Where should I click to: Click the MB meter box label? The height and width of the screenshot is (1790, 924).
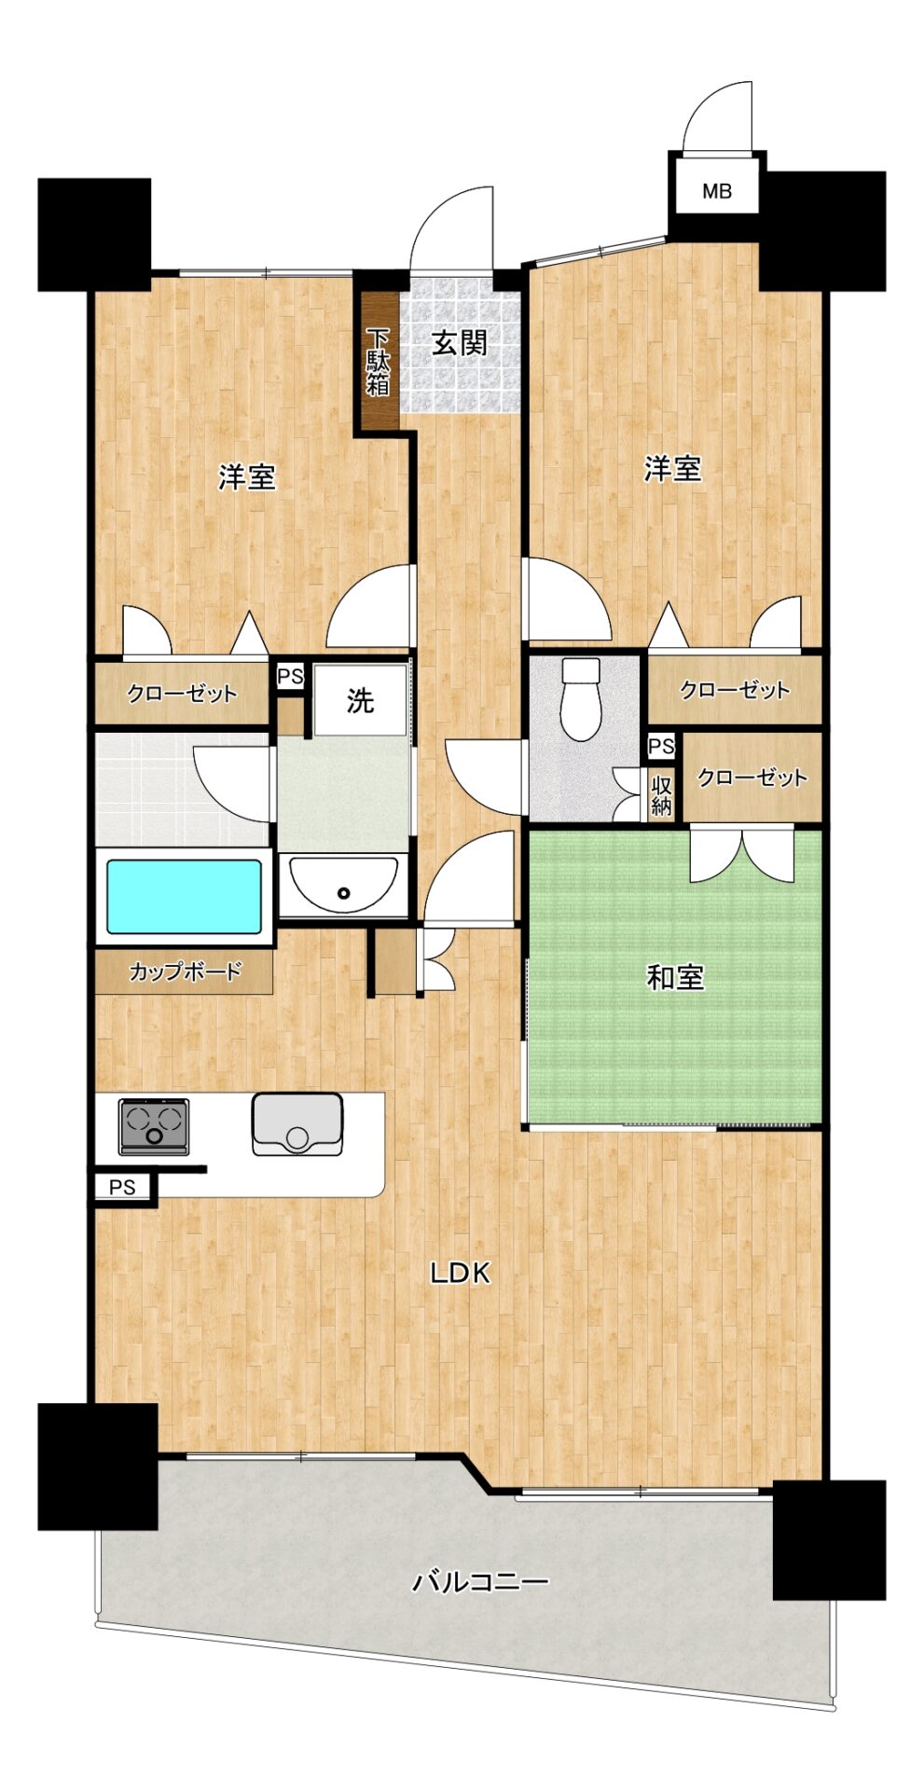click(716, 192)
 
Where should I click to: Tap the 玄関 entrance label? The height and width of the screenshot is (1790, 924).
click(460, 343)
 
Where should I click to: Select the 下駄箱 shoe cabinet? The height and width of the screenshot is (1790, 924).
click(379, 362)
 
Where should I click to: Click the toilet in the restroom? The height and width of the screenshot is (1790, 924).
click(582, 698)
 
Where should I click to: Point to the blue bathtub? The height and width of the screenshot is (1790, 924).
click(184, 896)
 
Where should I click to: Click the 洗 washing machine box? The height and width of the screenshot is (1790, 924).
click(361, 700)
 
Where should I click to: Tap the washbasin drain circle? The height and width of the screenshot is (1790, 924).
click(344, 893)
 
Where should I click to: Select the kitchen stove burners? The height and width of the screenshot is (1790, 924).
click(154, 1125)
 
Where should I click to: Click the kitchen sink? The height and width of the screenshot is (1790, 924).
click(297, 1124)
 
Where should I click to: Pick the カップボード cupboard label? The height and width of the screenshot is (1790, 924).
click(186, 971)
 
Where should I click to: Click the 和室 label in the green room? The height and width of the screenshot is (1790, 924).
click(675, 977)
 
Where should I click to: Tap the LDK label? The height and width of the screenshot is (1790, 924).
click(460, 1272)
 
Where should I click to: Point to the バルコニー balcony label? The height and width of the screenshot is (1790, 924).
click(481, 1581)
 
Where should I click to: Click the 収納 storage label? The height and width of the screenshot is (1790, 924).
click(661, 794)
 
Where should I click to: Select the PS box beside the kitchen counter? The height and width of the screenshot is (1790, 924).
click(122, 1187)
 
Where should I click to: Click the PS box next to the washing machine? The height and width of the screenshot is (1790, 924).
click(290, 676)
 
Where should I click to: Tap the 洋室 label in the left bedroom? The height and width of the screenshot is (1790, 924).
click(247, 477)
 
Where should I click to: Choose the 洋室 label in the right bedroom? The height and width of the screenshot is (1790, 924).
click(672, 468)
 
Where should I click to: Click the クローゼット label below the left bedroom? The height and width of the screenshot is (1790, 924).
click(183, 693)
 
